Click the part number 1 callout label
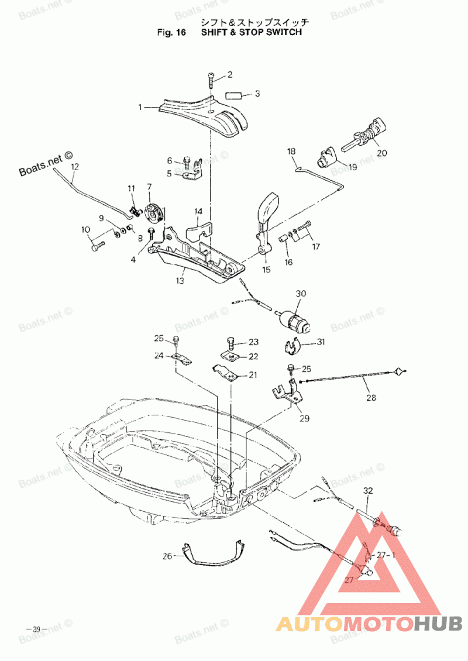click(140, 107)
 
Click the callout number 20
click(382, 153)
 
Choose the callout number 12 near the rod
click(74, 166)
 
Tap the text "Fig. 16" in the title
click(171, 33)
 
